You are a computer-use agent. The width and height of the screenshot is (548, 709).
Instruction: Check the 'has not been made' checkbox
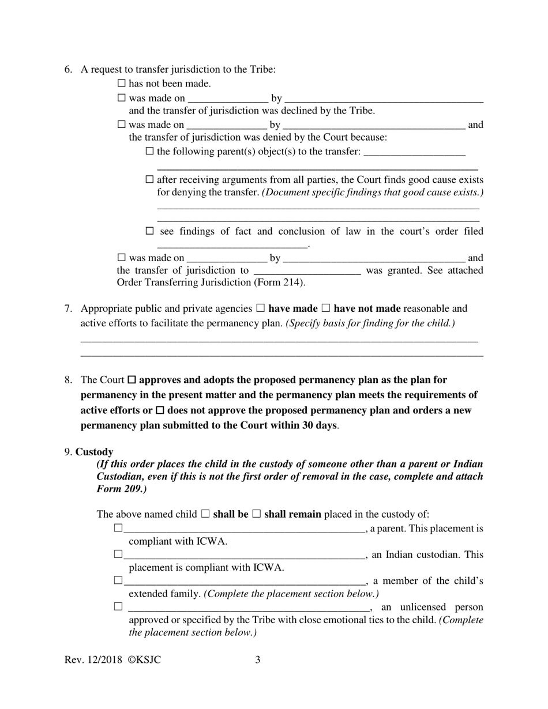click(121, 84)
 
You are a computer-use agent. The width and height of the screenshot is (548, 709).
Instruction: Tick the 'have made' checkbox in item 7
click(260, 308)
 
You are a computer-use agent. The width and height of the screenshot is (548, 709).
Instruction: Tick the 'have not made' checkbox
click(325, 308)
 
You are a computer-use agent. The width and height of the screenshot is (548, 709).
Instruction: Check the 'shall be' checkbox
click(205, 514)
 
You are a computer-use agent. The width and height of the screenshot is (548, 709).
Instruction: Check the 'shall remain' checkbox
click(257, 514)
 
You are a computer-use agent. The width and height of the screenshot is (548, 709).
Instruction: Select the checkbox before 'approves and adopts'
click(132, 380)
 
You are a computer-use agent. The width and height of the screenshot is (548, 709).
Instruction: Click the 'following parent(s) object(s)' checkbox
click(150, 152)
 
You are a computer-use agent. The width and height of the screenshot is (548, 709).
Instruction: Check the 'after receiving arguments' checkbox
click(150, 180)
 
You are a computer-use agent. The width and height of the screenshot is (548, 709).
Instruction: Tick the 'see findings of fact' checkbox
click(150, 231)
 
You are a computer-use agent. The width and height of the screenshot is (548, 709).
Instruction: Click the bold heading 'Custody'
click(94, 452)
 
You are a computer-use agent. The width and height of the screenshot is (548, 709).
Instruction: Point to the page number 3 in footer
click(258, 659)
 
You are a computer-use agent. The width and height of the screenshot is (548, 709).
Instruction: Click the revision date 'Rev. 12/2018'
click(91, 659)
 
